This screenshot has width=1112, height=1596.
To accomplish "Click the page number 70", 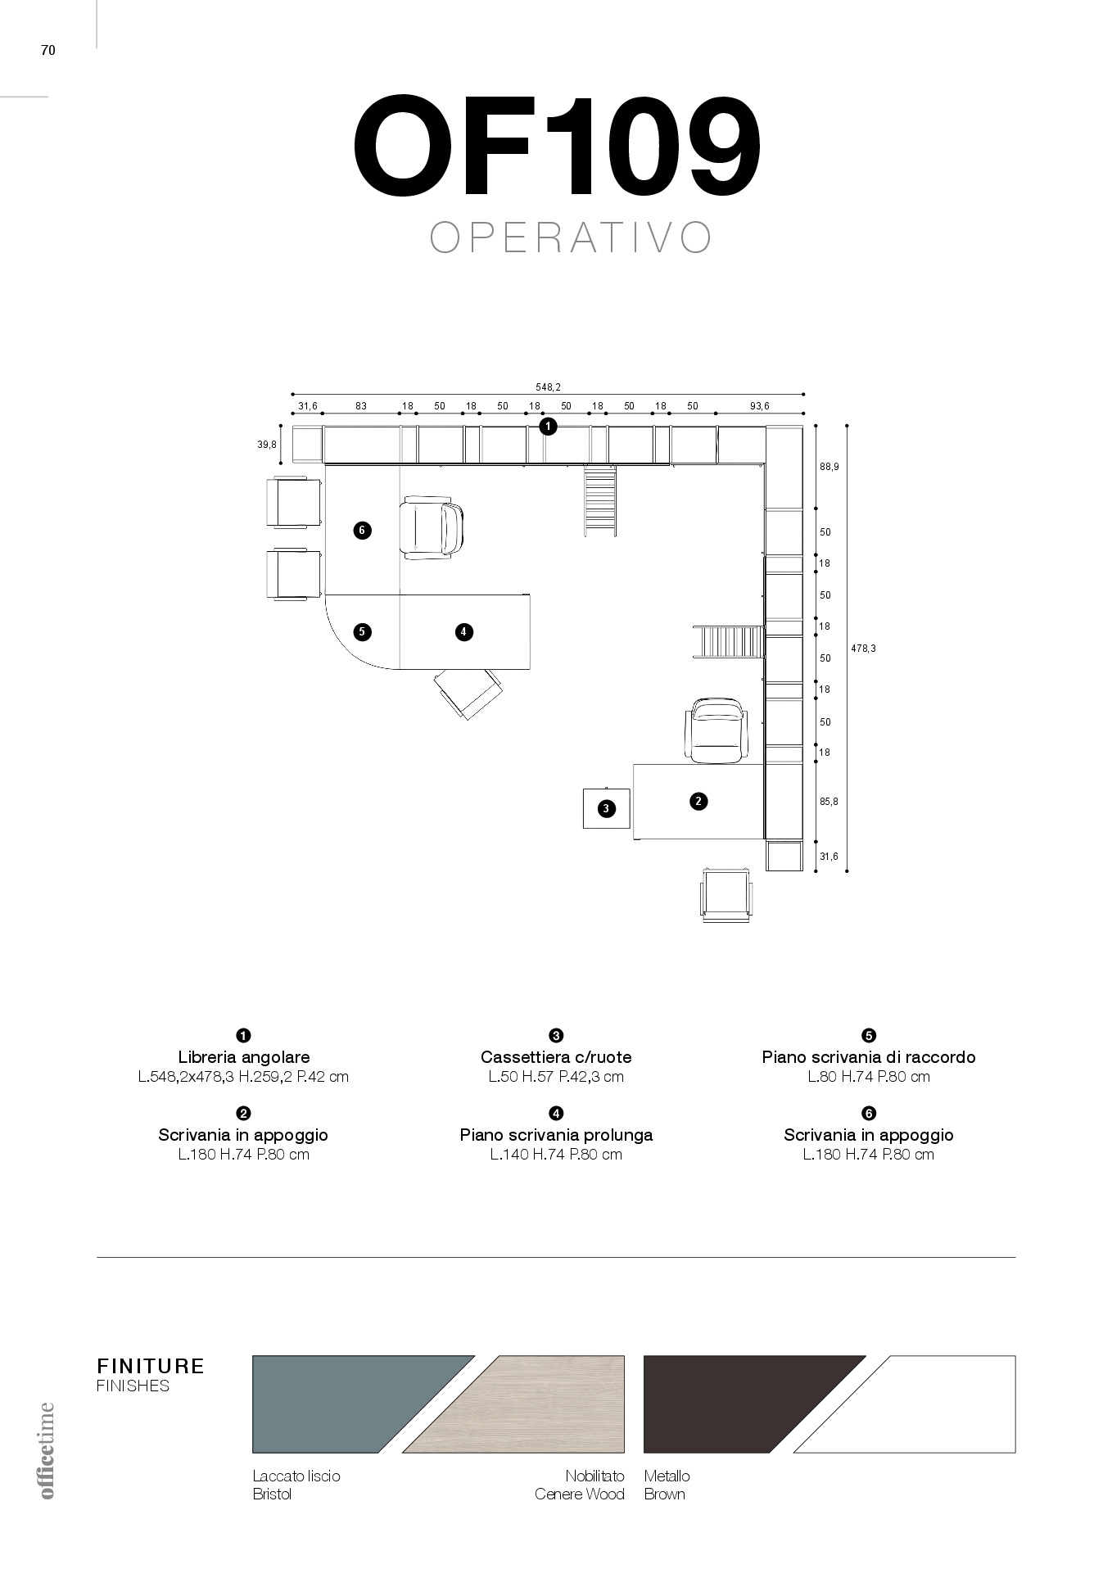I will [x=47, y=51].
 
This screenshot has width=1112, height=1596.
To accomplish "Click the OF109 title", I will [x=556, y=147].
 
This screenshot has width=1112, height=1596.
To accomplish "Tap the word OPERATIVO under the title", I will [x=571, y=237].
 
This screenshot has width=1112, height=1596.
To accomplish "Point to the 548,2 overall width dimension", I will [x=548, y=387].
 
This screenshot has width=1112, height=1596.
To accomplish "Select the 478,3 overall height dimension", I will [x=863, y=648].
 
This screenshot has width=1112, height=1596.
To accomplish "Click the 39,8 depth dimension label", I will [x=266, y=444].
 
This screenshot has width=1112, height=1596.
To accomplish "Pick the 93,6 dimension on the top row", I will [x=759, y=406].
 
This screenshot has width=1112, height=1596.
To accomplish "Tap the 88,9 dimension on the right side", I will [x=829, y=466].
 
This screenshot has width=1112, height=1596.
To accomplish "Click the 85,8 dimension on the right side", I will [x=829, y=802].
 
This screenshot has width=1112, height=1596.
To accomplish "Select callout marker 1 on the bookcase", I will [x=548, y=426].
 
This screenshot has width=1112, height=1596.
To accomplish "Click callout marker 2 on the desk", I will [x=698, y=801].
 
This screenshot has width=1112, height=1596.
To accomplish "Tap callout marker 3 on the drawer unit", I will [x=606, y=808].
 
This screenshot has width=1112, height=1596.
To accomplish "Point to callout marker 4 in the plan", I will [x=463, y=631].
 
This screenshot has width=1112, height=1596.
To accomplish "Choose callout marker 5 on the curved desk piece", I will [x=362, y=631].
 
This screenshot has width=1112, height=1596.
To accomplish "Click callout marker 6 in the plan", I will [x=362, y=531].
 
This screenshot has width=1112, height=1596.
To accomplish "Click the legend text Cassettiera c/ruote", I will [x=556, y=1057].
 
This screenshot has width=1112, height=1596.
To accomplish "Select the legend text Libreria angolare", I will [x=243, y=1057].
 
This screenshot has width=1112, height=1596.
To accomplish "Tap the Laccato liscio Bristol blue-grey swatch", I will [x=344, y=1404].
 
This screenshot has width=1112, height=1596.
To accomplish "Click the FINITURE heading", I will [x=151, y=1366].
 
